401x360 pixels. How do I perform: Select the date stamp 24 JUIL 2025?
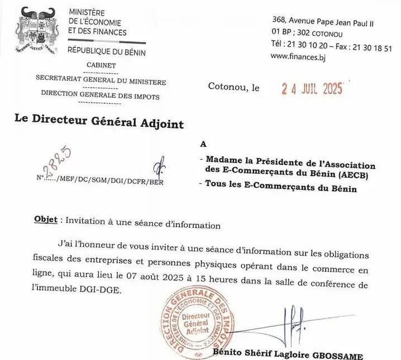tap(310, 88)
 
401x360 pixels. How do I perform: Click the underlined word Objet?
tap(45, 220)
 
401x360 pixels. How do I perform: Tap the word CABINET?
tap(101, 65)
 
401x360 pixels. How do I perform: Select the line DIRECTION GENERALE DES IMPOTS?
tap(101, 97)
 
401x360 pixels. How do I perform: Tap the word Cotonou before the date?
tap(227, 87)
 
